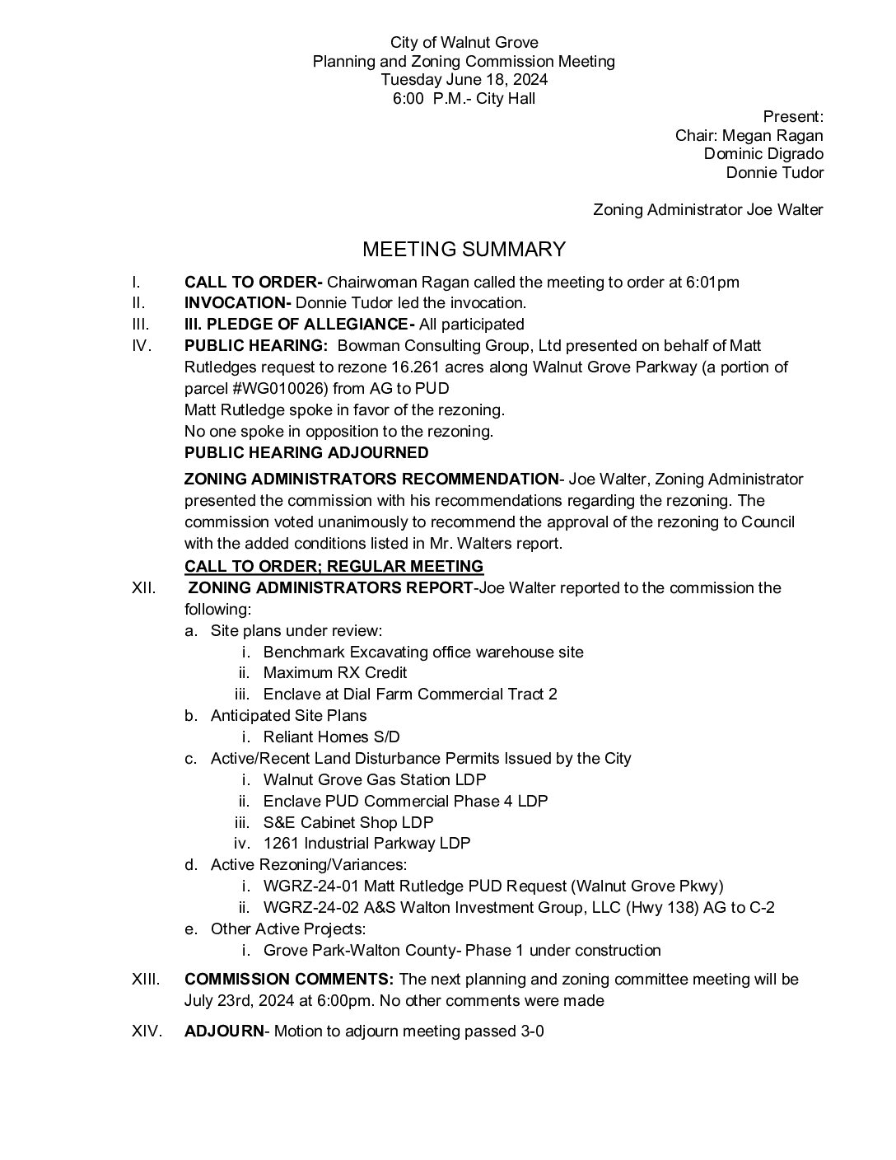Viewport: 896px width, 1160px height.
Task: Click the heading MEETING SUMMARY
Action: click(464, 249)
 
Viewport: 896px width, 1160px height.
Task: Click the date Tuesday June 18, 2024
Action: click(464, 80)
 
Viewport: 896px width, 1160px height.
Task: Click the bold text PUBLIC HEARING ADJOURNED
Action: click(306, 452)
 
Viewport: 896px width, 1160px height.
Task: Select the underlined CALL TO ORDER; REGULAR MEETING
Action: click(334, 566)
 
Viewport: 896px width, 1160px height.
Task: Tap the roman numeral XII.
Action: click(146, 587)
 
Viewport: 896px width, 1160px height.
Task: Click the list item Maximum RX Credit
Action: click(334, 672)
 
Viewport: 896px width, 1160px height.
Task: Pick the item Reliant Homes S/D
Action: click(331, 737)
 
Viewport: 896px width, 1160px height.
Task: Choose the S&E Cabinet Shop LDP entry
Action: click(348, 822)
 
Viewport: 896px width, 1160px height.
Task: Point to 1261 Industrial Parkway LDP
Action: click(366, 844)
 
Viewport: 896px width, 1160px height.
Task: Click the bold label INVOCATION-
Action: click(237, 303)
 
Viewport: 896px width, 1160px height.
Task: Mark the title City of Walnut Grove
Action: click(464, 42)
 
